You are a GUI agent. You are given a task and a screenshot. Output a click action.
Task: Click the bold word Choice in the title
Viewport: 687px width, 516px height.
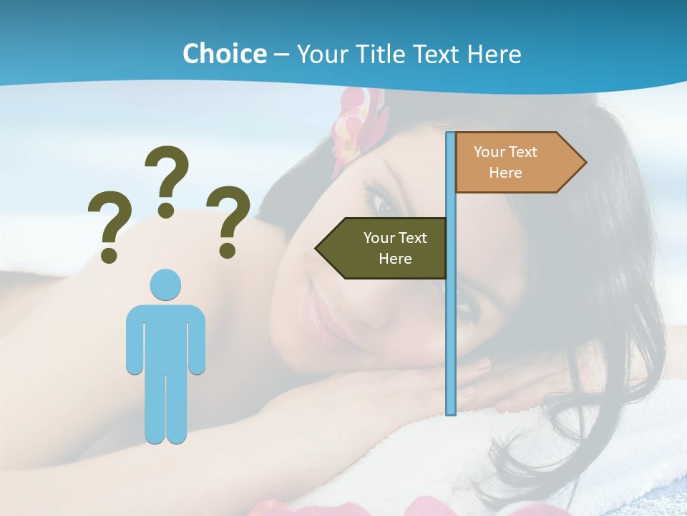(x=224, y=54)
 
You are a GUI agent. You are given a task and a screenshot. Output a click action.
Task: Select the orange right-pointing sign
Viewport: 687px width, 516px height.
(x=515, y=162)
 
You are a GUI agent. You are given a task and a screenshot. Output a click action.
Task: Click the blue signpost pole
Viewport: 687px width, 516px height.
(x=451, y=322)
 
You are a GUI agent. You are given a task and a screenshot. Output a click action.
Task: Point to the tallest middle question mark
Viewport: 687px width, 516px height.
(x=168, y=172)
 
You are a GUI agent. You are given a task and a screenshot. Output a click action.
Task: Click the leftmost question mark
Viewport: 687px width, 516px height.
(x=109, y=219)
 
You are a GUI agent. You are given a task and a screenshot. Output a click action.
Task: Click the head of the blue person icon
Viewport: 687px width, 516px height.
(x=165, y=285)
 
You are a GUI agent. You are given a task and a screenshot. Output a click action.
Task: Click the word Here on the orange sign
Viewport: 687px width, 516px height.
(x=505, y=173)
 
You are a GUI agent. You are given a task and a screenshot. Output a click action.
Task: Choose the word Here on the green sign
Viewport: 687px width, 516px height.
(x=395, y=259)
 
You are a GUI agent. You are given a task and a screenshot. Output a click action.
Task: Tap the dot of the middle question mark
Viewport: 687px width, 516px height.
(x=166, y=209)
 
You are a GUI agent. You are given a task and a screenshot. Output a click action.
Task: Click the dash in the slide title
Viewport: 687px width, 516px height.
(x=281, y=54)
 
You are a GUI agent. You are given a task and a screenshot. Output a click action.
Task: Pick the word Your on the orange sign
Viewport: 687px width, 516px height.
(x=489, y=152)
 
